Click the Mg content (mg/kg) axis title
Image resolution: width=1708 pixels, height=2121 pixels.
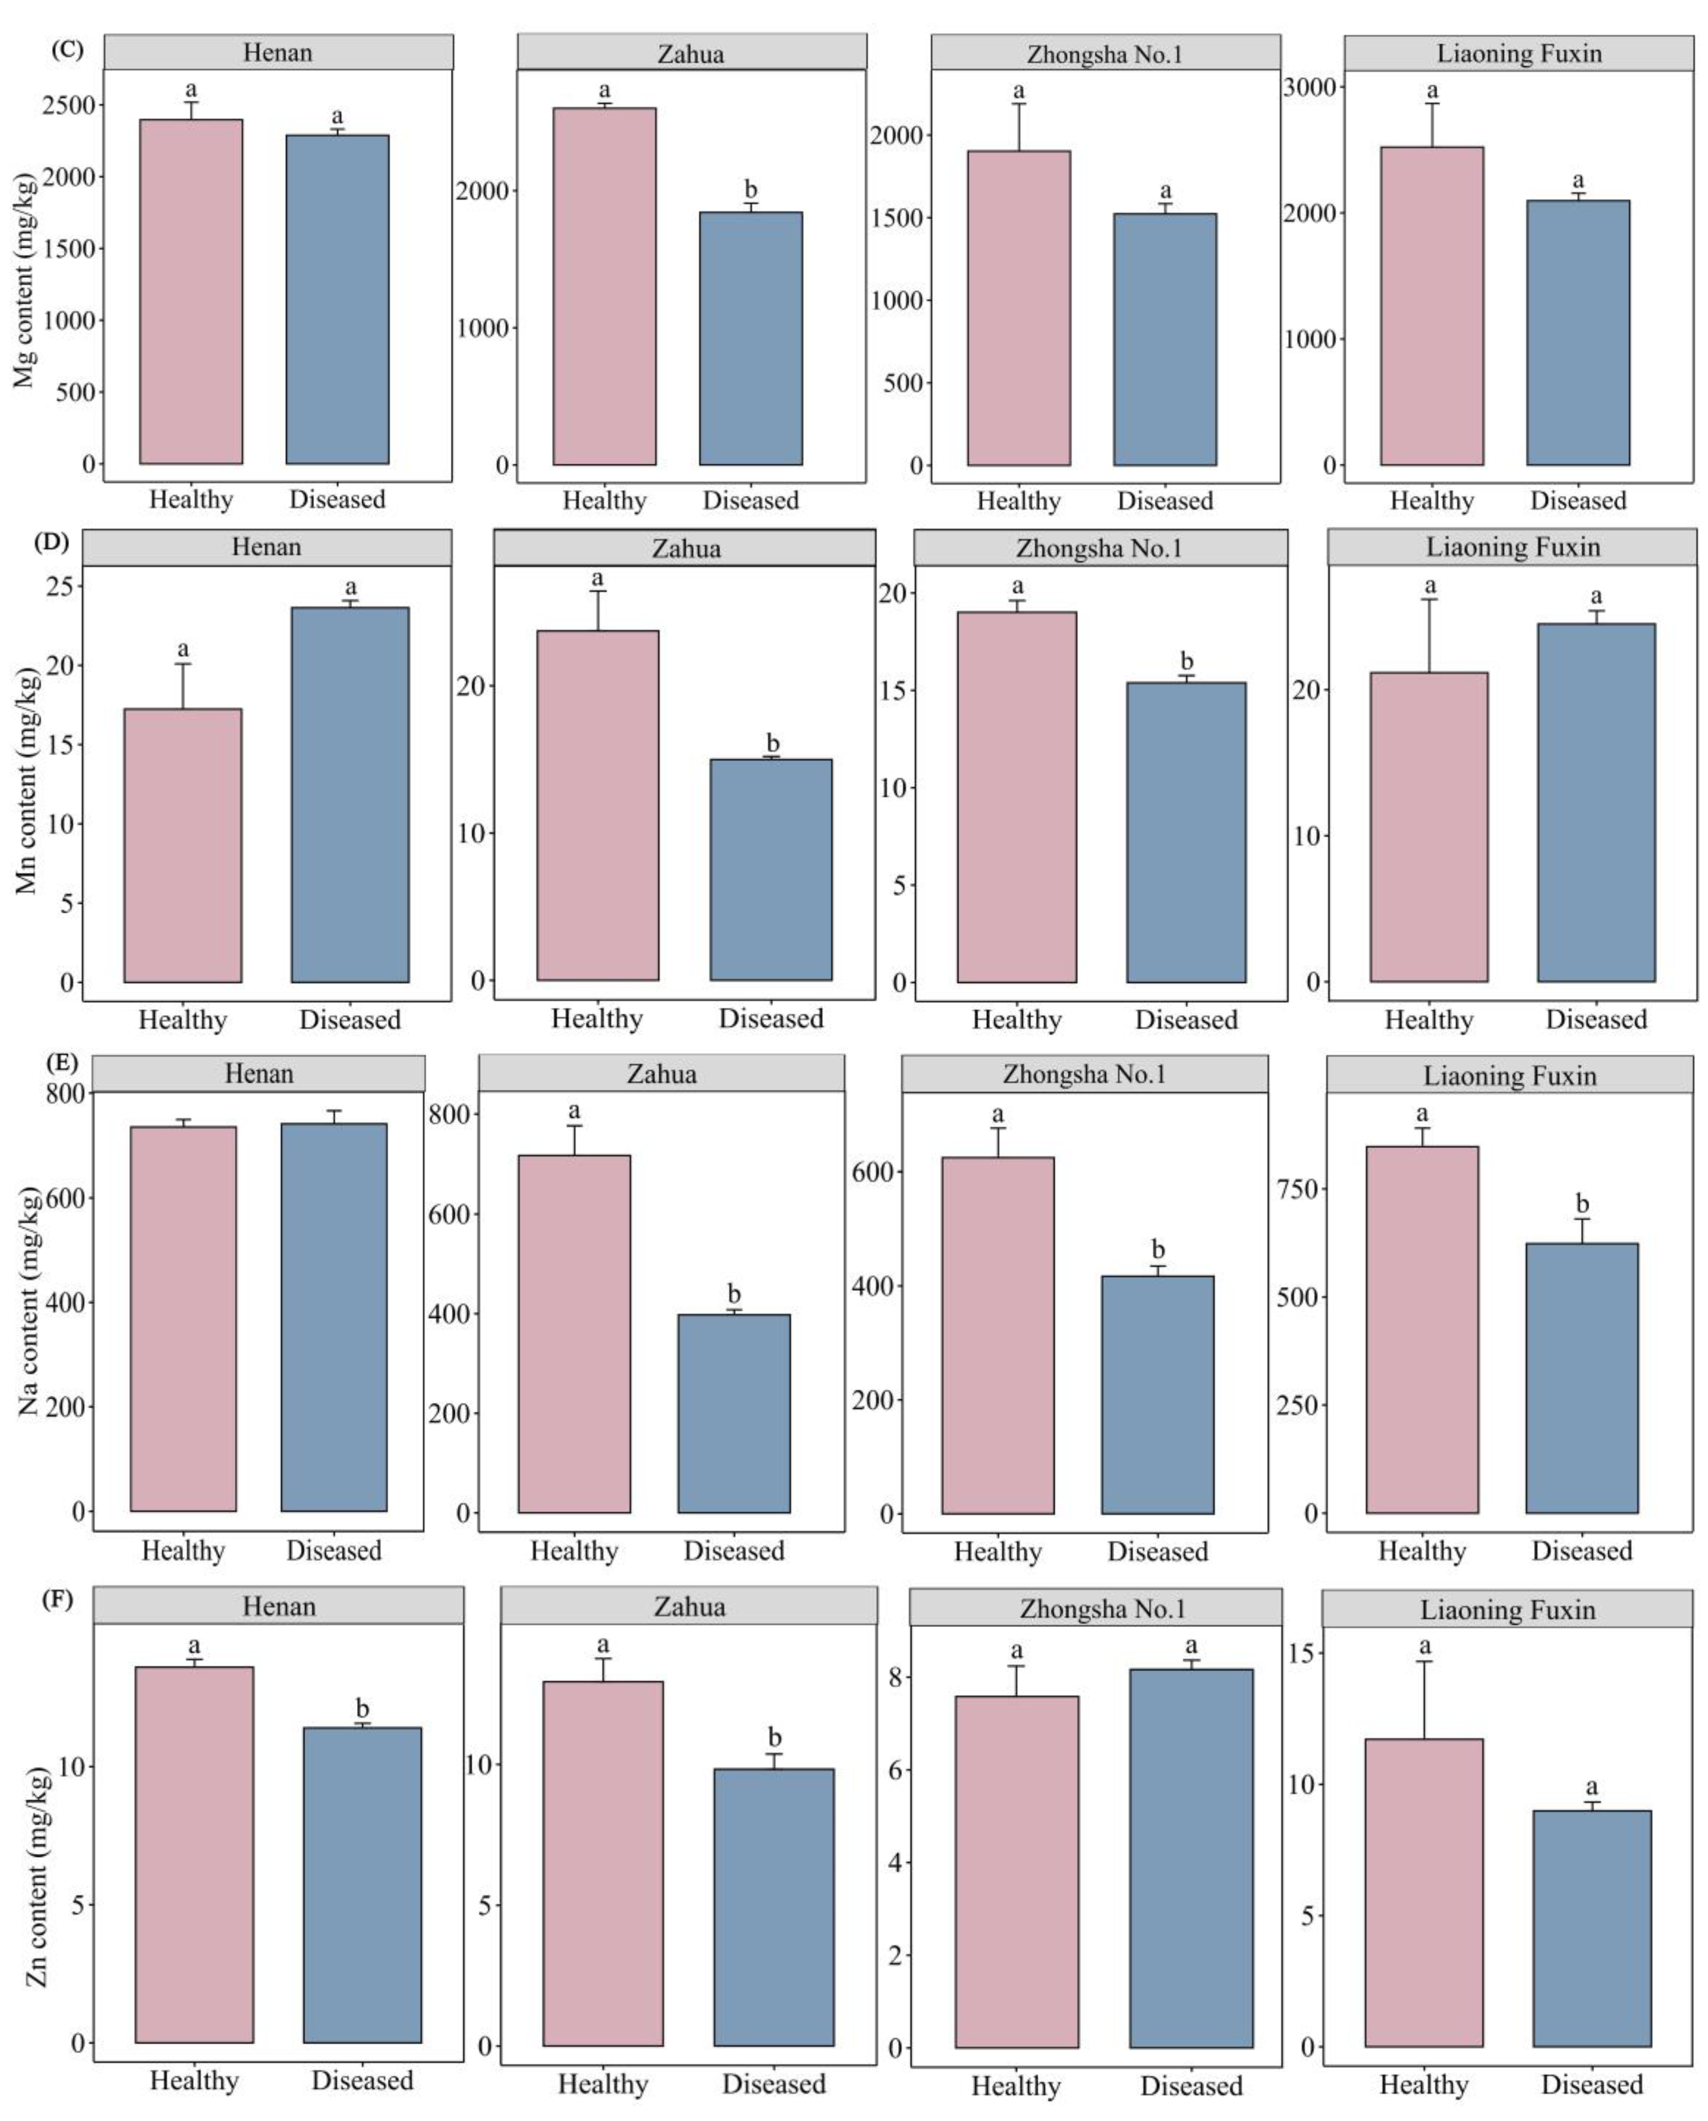tap(24, 280)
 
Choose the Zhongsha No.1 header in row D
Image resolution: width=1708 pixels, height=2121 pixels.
tap(1099, 548)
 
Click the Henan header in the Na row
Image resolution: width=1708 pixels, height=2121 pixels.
tap(259, 1073)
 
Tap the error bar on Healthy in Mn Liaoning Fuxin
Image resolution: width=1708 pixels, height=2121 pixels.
tap(1429, 636)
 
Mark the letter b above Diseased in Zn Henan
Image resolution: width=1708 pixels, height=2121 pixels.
tap(362, 1709)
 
